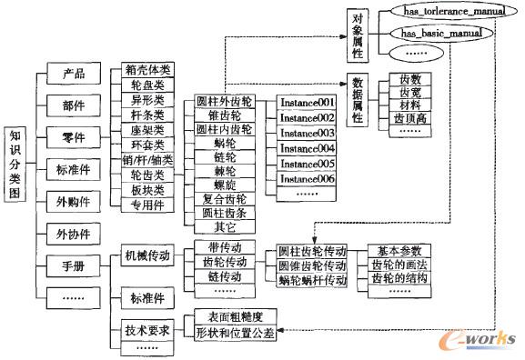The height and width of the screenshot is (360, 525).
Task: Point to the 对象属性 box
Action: click(356, 34)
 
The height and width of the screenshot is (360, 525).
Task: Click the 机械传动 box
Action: click(147, 256)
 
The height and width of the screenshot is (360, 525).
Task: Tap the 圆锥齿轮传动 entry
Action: click(311, 265)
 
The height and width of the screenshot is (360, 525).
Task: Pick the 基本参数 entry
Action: click(403, 250)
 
